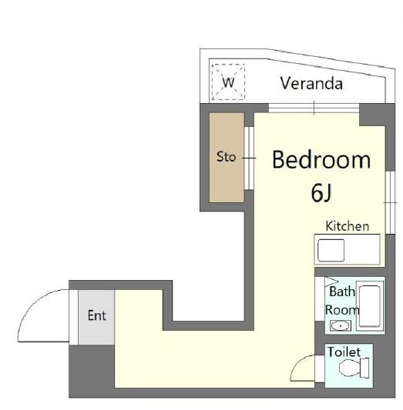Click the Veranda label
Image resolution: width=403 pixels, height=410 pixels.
click(x=311, y=84)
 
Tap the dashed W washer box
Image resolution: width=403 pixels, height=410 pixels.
click(x=228, y=82)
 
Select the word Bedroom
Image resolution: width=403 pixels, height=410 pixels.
click(x=321, y=160)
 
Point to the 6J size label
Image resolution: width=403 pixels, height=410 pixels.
click(x=321, y=193)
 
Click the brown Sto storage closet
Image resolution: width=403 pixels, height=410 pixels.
click(x=227, y=158)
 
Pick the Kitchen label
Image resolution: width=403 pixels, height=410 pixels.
click(x=348, y=226)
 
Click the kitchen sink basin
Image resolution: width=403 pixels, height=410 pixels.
click(x=331, y=250)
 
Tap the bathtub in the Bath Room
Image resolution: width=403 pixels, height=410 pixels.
click(x=370, y=306)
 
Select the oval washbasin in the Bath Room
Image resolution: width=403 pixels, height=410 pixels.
click(x=341, y=326)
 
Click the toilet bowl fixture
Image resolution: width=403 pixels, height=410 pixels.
click(x=354, y=368)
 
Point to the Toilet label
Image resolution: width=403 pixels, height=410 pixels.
click(x=344, y=352)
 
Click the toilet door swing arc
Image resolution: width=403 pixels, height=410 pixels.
click(x=298, y=362)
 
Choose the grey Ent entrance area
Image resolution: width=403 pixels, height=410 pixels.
click(x=96, y=317)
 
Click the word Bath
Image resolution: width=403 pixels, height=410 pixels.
click(x=342, y=292)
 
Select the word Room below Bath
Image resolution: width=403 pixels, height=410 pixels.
click(x=342, y=310)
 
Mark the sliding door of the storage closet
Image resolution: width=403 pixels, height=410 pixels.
click(x=249, y=158)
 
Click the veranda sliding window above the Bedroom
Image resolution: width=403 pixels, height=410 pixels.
click(x=314, y=108)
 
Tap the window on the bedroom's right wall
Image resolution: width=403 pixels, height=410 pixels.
click(x=390, y=202)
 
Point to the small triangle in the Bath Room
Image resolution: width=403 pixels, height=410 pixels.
click(x=330, y=282)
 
